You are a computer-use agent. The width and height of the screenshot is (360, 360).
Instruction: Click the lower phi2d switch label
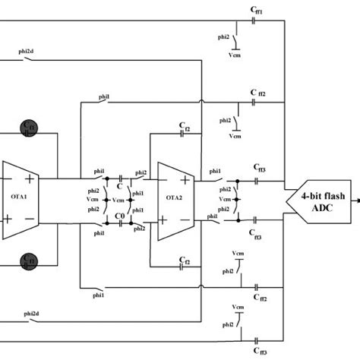(32, 313)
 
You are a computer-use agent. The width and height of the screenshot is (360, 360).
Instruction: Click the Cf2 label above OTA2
(185, 127)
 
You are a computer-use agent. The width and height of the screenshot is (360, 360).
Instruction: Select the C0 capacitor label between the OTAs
(119, 217)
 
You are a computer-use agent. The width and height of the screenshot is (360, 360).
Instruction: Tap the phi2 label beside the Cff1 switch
(223, 34)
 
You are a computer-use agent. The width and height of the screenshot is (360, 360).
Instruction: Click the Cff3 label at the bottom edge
(258, 352)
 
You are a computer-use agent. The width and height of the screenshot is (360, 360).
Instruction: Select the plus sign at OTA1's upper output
(31, 177)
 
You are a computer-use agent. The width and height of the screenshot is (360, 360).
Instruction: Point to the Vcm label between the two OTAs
(93, 200)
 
